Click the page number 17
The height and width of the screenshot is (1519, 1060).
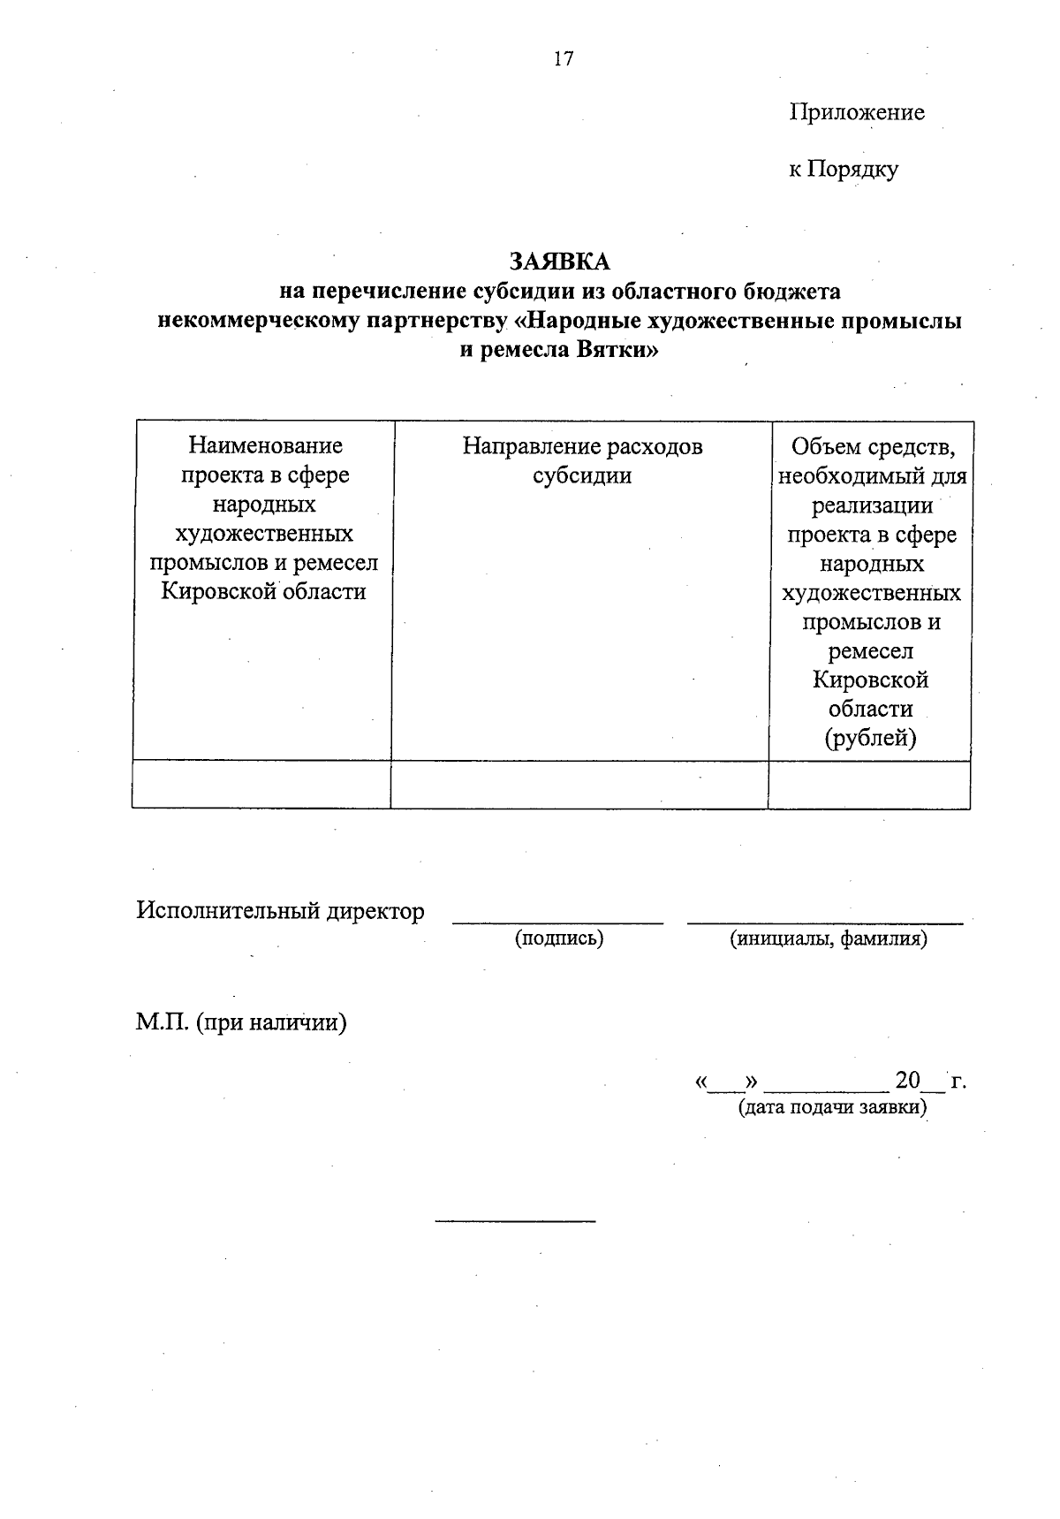coord(564,59)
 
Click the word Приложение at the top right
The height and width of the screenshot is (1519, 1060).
coord(856,112)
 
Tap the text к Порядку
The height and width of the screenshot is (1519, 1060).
coord(843,169)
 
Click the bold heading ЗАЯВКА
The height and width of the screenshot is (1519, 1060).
coord(559,261)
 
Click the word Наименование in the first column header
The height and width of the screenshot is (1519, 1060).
coord(265,446)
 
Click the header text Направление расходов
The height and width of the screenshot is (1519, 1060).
coord(582,446)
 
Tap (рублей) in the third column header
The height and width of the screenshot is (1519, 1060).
coord(870,738)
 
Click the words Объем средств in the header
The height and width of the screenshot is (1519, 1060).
coord(870,448)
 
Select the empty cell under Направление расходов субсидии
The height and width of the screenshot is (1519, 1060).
coord(579,785)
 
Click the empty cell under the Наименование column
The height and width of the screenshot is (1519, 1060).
coord(261,785)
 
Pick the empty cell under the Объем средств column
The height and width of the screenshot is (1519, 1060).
coord(869,785)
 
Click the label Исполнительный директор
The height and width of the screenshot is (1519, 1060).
coord(280,911)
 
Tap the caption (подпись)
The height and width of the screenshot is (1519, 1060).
coord(559,938)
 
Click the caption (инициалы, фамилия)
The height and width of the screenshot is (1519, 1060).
coord(828,938)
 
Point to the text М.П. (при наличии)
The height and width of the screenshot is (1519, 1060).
coord(240,1022)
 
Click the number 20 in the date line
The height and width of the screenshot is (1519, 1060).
coord(907,1081)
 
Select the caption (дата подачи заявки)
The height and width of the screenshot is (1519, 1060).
coord(832,1107)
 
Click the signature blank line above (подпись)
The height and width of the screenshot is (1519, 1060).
coord(557,922)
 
